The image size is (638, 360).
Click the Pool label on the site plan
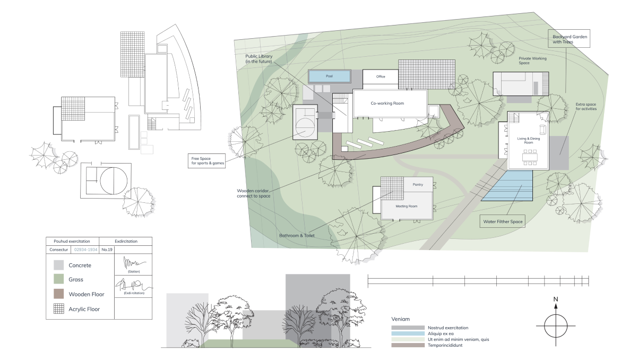(329, 76)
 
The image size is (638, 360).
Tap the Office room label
(381, 76)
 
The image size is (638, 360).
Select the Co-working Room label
(387, 103)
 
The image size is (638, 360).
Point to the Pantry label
(418, 184)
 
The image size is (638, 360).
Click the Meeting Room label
(406, 206)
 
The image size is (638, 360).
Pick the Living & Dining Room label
(528, 140)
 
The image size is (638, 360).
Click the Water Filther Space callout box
(503, 221)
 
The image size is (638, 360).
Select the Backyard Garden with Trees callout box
(569, 38)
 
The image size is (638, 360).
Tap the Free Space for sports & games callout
(206, 161)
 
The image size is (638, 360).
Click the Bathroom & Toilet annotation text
(297, 235)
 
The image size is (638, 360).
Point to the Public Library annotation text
(259, 59)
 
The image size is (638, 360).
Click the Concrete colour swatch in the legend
(59, 265)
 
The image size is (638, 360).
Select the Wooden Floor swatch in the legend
(59, 294)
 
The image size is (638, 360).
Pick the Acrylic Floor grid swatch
(59, 308)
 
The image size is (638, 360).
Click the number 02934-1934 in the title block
(86, 250)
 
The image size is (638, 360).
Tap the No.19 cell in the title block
(107, 250)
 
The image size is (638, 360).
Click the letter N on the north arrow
(555, 299)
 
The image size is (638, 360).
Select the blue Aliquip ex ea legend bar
(408, 333)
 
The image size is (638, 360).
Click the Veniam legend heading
(400, 319)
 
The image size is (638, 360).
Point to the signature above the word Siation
(134, 262)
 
